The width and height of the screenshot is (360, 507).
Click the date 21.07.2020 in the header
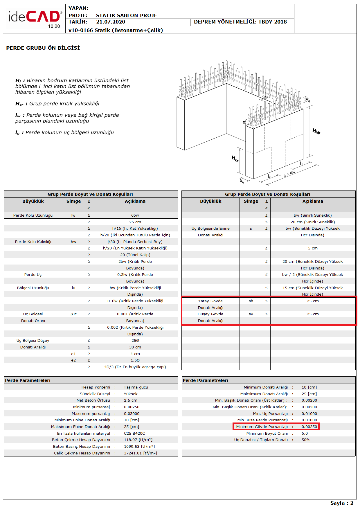pyautogui.click(x=111, y=22)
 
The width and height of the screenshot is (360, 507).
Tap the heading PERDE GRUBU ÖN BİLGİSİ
pyautogui.click(x=43, y=48)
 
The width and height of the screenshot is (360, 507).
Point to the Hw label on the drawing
pyautogui.click(x=316, y=132)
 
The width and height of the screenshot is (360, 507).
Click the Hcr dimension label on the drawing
pyautogui.click(x=235, y=159)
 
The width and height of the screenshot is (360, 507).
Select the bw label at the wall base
pyautogui.click(x=242, y=181)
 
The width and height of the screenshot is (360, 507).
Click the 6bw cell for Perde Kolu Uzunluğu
pyautogui.click(x=135, y=215)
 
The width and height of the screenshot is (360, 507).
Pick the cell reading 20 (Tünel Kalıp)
pyautogui.click(x=135, y=255)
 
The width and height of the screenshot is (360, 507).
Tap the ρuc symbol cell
pyautogui.click(x=73, y=314)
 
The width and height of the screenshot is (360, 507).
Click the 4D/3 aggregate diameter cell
pyautogui.click(x=135, y=367)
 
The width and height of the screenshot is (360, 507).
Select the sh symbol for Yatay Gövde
pyautogui.click(x=251, y=301)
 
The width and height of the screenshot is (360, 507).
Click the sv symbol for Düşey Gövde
pyautogui.click(x=251, y=314)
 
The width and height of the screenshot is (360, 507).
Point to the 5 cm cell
pyautogui.click(x=313, y=248)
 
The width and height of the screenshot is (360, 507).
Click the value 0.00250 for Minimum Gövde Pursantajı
pyautogui.click(x=309, y=427)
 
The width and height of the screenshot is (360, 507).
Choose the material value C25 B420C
pyautogui.click(x=134, y=434)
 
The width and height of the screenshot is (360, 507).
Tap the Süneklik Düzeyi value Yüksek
pyautogui.click(x=131, y=394)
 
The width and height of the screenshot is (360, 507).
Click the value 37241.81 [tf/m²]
pyautogui.click(x=141, y=453)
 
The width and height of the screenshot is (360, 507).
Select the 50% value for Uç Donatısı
pyautogui.click(x=306, y=440)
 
